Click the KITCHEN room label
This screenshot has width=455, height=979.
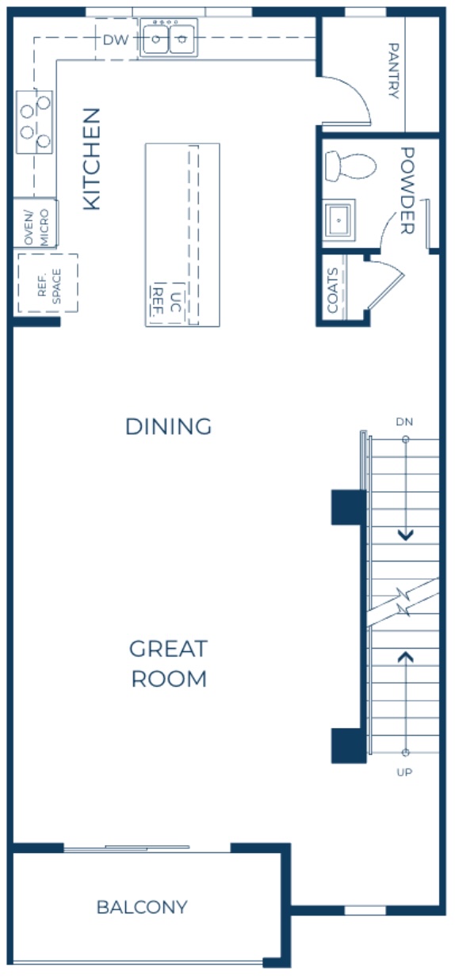(x=92, y=158)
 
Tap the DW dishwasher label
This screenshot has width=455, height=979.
(x=115, y=39)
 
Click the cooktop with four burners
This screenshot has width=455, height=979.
(x=35, y=121)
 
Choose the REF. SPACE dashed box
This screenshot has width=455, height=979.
(x=47, y=283)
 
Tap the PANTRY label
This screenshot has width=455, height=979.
(x=393, y=70)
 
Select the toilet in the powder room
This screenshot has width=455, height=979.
(x=350, y=166)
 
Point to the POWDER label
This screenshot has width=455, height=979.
(x=407, y=190)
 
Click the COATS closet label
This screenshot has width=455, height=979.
(x=332, y=290)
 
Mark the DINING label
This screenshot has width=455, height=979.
(x=168, y=426)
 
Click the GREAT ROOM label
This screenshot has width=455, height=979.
(x=168, y=664)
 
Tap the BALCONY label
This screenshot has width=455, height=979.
(x=142, y=907)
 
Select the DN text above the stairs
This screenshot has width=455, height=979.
(x=405, y=421)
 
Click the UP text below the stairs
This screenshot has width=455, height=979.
(x=405, y=771)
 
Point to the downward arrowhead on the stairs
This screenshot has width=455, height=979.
(x=406, y=535)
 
